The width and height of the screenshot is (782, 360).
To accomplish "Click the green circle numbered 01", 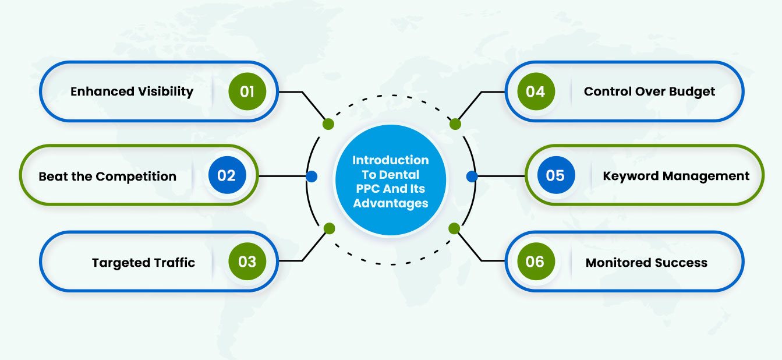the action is pos(247,91).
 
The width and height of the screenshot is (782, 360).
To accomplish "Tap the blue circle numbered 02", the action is pos(227,175).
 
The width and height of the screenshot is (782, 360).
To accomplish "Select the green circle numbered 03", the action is pos(247,261).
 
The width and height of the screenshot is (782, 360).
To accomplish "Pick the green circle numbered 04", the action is pos(536,91).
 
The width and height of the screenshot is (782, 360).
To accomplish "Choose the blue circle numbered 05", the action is pos(556,175).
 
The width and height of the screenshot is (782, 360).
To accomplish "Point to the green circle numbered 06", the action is pos(536,261).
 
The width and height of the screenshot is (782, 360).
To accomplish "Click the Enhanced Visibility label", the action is pos(132,91).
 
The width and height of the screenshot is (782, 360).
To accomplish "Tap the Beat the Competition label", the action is pos(108,177).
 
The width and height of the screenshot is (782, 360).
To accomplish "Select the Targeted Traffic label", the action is pos(143,263).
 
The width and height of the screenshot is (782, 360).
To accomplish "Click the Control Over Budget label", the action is pos(649,91).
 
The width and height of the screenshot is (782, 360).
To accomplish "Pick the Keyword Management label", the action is pos(676,176).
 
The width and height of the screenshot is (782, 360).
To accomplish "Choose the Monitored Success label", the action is pos(646,263).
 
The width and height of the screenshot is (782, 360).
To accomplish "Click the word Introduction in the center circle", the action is pos(391,160).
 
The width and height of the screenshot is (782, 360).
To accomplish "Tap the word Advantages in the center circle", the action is pos(391,203).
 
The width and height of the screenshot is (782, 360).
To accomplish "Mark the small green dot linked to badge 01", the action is pos(328,124).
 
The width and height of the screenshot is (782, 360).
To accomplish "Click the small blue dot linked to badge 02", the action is pos(312,177).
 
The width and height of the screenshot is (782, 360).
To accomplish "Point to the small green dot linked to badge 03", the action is pos(329,228).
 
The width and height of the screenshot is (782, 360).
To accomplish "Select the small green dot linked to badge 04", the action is pos(455,124).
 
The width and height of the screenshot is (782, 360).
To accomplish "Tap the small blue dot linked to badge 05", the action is pos(472,177).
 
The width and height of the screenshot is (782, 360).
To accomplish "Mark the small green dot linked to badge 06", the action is pos(454,228).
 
